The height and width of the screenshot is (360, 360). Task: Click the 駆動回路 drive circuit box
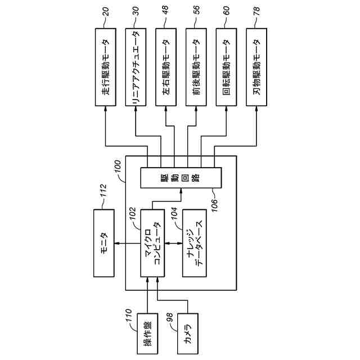point(181,178)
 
